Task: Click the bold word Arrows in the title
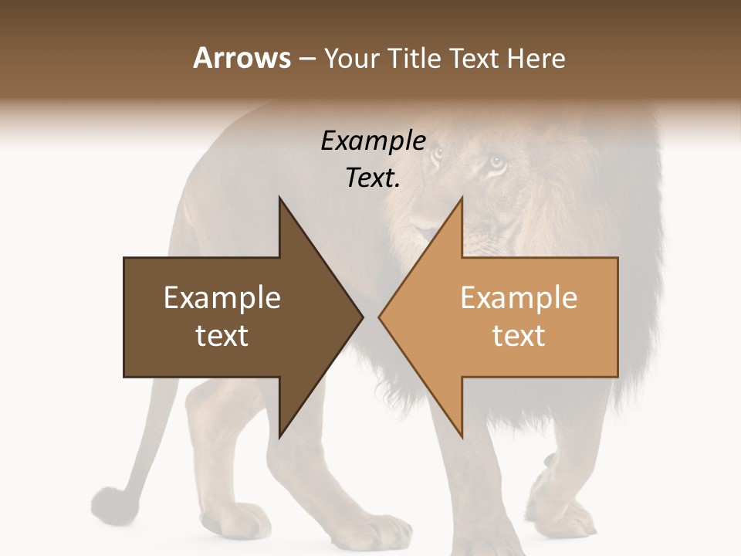(x=242, y=59)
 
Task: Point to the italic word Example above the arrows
(x=374, y=142)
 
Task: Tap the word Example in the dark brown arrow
(x=222, y=298)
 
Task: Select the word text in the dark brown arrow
(x=222, y=336)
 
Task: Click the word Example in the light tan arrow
(x=519, y=298)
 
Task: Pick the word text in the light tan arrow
(x=519, y=336)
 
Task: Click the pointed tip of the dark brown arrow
(x=363, y=317)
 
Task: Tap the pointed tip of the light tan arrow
(x=379, y=317)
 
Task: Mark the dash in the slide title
(x=307, y=59)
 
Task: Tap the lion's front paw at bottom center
(x=386, y=529)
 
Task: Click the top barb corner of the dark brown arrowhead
(x=279, y=198)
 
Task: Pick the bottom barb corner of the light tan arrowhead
(x=462, y=436)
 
